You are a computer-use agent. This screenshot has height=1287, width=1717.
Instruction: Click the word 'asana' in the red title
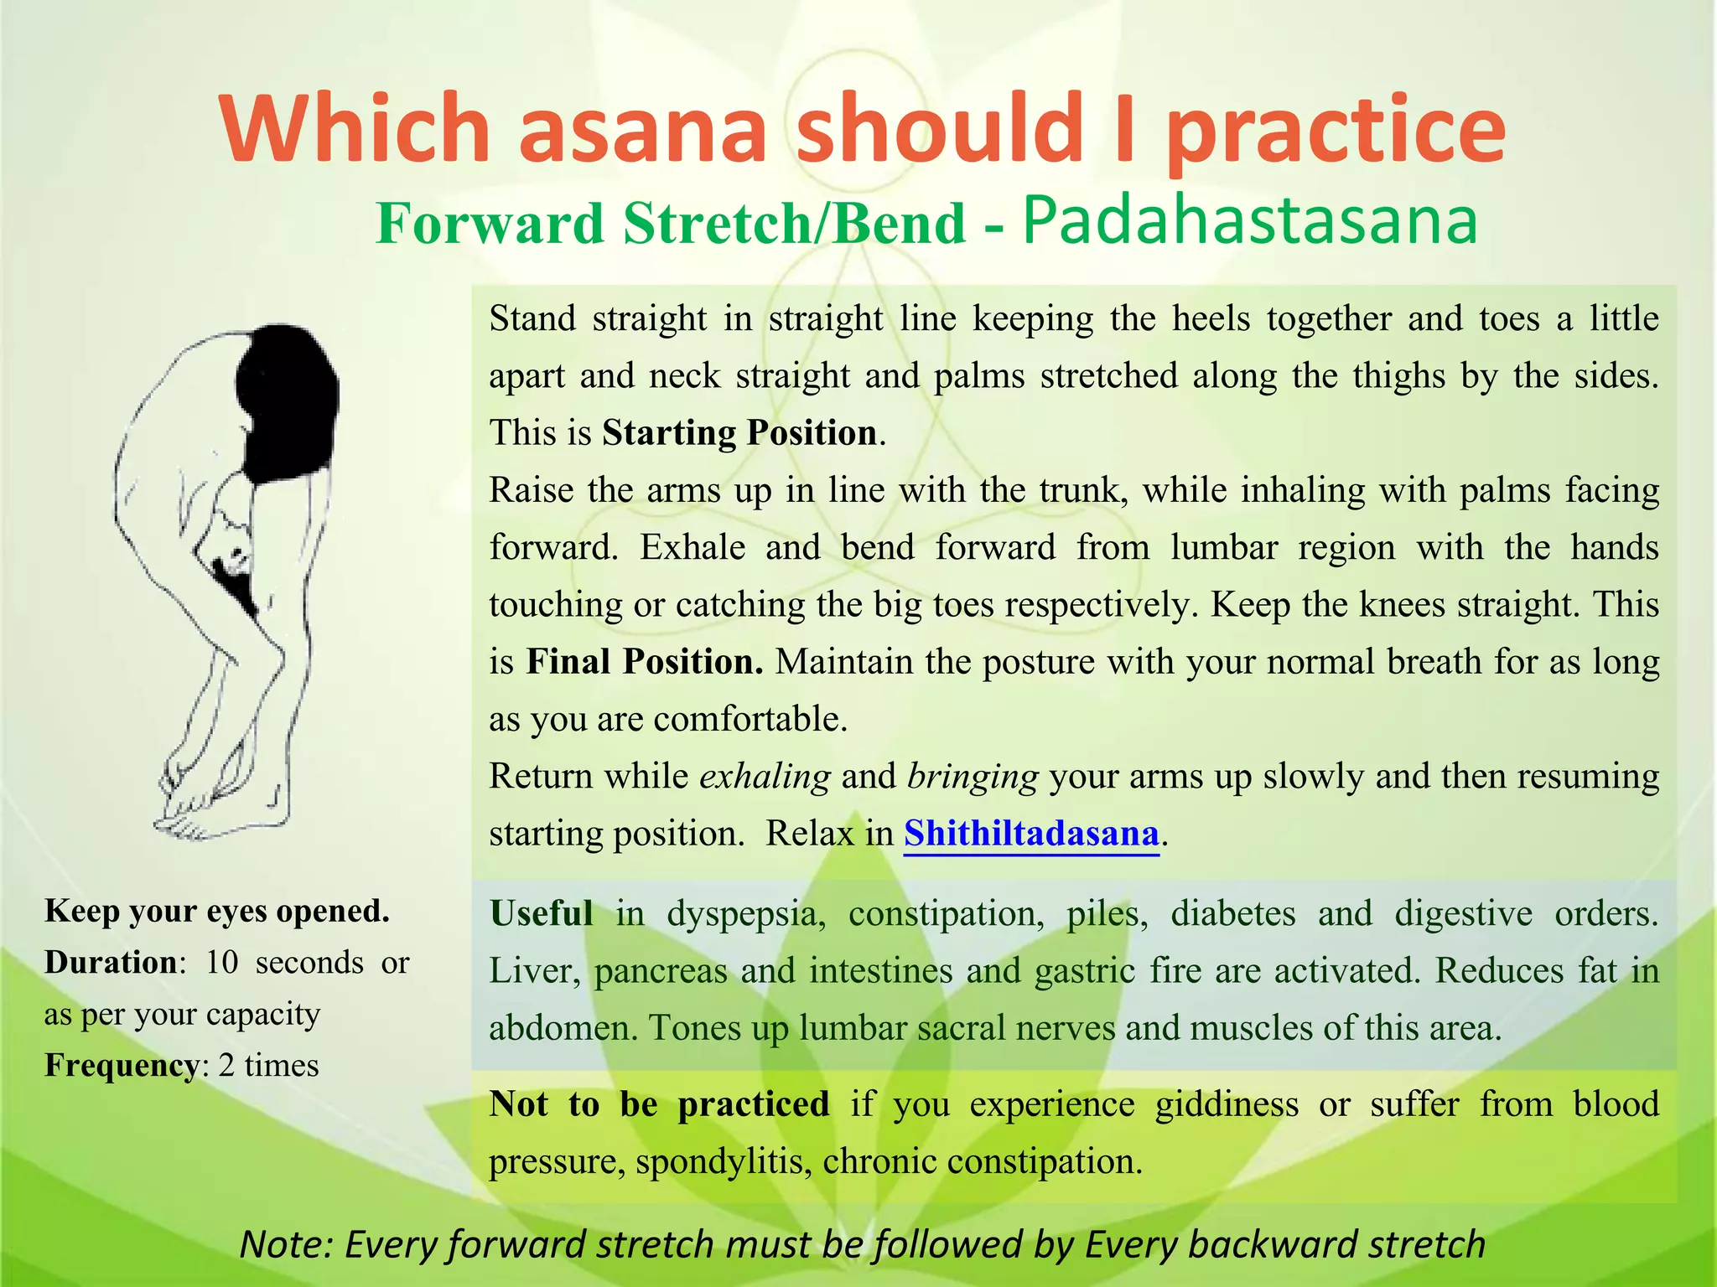coord(642,130)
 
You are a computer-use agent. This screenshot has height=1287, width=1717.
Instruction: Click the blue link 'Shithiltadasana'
coord(1031,833)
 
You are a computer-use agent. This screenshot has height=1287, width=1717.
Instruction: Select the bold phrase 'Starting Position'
coord(739,432)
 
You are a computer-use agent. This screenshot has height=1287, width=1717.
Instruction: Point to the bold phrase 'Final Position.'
coord(644,661)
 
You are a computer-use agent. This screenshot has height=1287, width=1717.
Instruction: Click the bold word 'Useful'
coord(541,912)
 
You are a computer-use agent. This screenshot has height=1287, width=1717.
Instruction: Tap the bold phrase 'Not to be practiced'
coord(659,1104)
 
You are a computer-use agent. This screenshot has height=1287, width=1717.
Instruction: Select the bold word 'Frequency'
coord(122,1065)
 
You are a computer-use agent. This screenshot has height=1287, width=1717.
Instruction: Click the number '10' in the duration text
coord(222,962)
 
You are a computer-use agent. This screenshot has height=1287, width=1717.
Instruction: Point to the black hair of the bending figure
coord(285,402)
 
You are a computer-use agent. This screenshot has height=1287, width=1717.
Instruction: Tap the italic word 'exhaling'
coord(765,776)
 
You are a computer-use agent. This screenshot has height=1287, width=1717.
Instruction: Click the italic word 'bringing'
coord(973,776)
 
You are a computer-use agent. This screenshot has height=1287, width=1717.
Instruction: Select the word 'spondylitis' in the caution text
coord(724,1161)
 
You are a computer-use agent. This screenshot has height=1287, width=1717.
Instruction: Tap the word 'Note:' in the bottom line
coord(287,1243)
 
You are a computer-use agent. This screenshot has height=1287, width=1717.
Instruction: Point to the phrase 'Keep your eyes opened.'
coord(217,911)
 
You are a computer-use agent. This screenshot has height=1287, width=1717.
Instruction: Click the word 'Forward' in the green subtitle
coord(490,224)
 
